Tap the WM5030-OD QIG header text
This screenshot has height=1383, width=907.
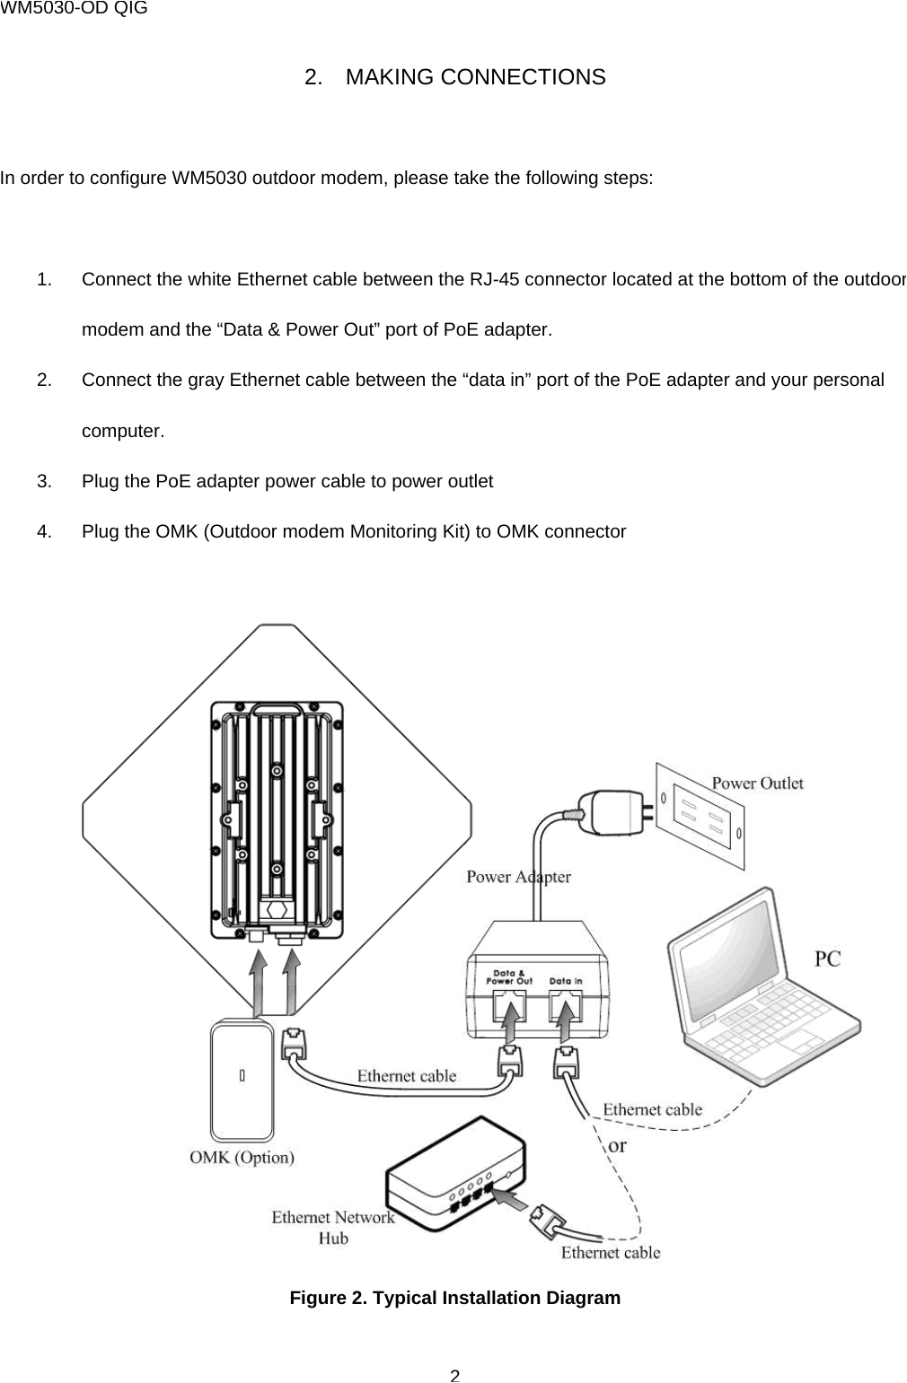point(74,9)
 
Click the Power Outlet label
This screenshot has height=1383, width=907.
point(757,783)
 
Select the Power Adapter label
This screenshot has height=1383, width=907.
point(518,877)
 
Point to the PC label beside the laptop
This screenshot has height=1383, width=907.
point(827,958)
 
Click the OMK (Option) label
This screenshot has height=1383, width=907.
point(242,1157)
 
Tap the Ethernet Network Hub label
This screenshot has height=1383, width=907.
point(333,1227)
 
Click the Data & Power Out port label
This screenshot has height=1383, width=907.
point(509,976)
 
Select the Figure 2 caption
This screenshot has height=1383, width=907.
point(454,1298)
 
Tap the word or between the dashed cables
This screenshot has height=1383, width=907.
point(618,1146)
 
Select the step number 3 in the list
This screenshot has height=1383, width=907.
point(43,481)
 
